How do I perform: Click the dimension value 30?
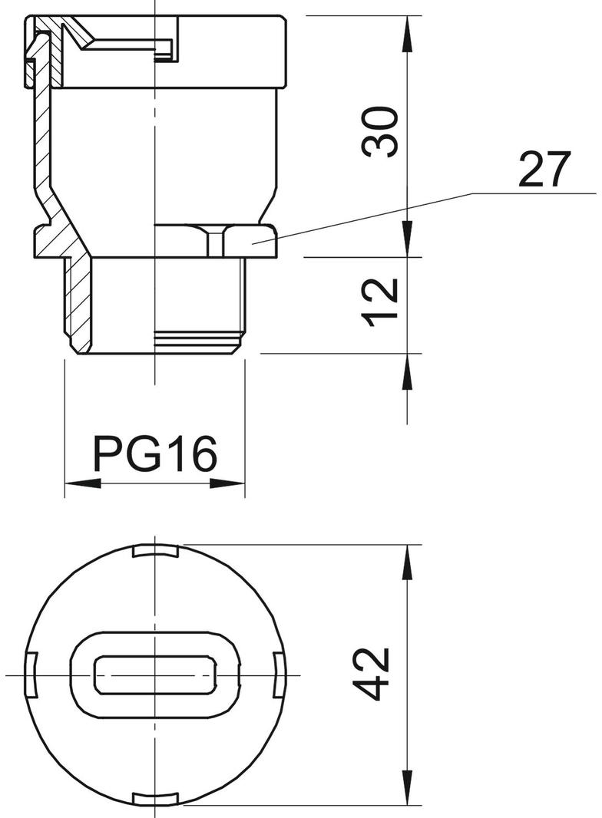[382, 133]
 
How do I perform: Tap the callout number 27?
[544, 170]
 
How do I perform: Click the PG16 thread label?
[155, 454]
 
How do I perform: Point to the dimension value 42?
[376, 674]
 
